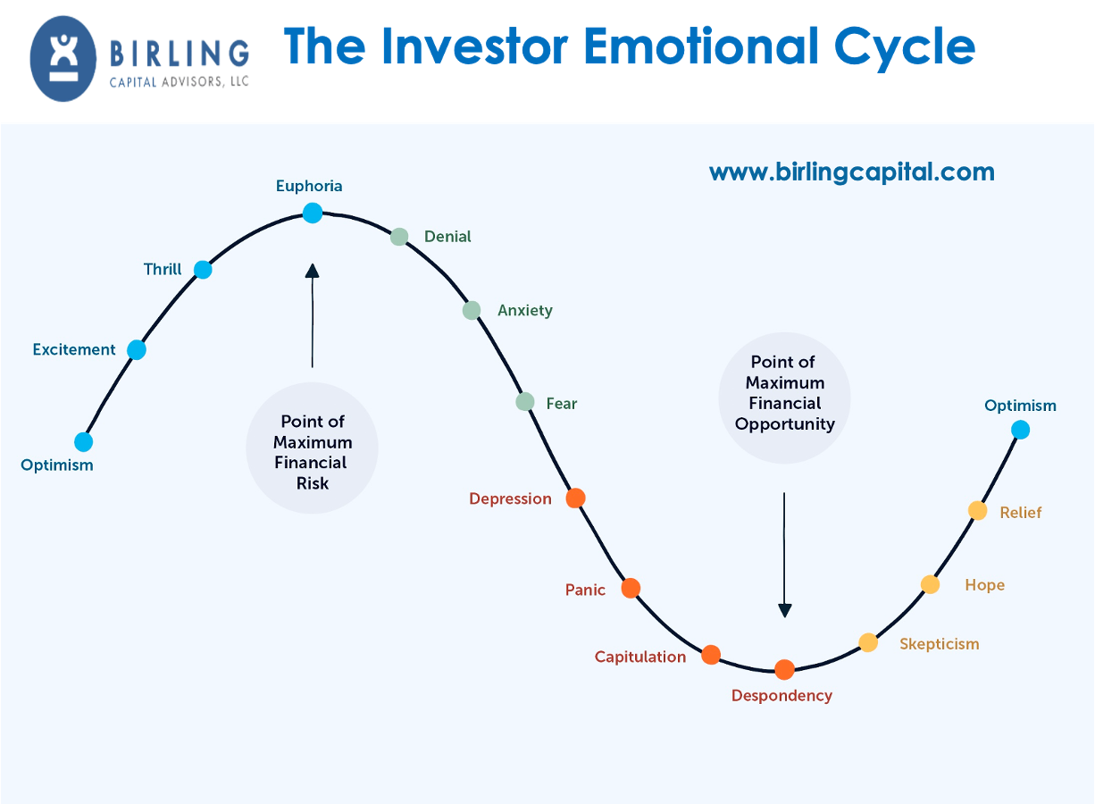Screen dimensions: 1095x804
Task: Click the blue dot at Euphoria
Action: coord(313,214)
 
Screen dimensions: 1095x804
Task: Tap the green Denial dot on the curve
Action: coord(399,237)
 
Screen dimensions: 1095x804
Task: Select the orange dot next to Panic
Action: coord(631,588)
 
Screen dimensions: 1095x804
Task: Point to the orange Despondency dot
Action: coord(784,669)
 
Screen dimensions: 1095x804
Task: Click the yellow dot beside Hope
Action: coord(931,584)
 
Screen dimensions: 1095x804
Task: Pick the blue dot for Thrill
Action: coord(203,270)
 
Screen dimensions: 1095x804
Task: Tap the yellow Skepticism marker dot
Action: coord(868,642)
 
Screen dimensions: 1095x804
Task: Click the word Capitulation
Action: coord(640,657)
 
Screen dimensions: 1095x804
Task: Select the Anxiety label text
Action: coord(525,311)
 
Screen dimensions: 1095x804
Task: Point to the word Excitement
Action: coord(74,349)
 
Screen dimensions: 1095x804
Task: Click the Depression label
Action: coord(510,498)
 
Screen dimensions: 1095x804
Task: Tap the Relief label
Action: coord(1021,513)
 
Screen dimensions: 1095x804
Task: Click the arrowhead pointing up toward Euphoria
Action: coord(312,271)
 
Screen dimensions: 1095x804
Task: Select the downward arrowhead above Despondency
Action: coord(784,611)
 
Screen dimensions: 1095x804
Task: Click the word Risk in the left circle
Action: coord(313,483)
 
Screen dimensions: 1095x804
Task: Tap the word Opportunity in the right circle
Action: coord(785,424)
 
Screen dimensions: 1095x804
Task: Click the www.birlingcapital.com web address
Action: coord(852,172)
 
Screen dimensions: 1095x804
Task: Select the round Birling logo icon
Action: coord(63,59)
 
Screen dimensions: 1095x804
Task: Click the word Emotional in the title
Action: coord(701,46)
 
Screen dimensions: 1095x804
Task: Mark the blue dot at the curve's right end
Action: coord(1020,431)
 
